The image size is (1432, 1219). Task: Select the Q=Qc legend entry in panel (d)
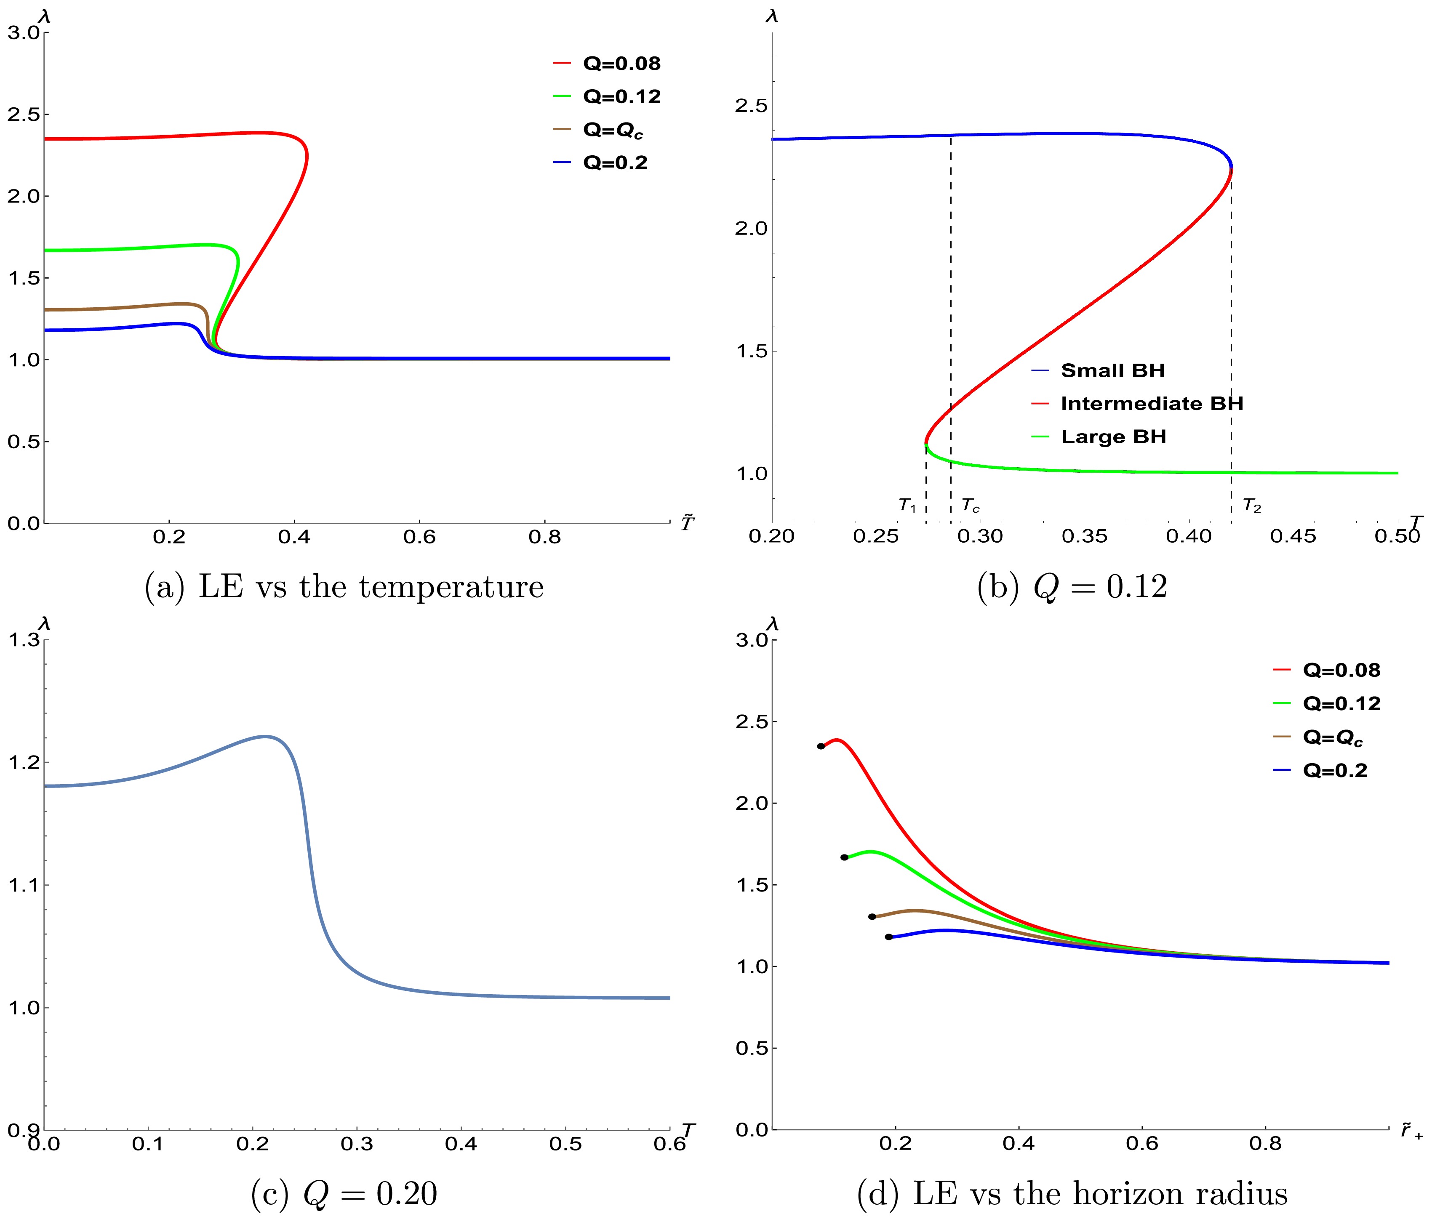click(1331, 737)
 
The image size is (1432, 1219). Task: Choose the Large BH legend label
click(1113, 437)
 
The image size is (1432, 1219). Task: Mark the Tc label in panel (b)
click(971, 506)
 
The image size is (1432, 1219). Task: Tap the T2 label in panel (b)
click(1252, 506)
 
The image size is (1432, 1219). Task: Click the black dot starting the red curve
click(820, 746)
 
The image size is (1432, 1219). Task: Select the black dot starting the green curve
click(844, 857)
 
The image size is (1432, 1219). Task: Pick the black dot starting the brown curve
click(872, 916)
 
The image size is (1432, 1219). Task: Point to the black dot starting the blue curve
click(889, 937)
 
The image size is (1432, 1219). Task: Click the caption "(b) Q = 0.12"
click(1072, 587)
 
